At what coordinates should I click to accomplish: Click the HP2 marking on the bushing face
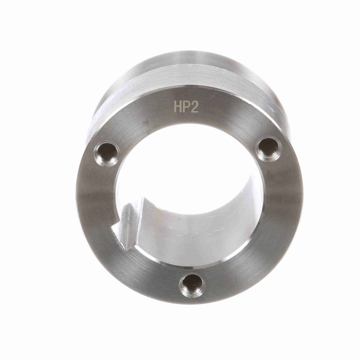pos(186,107)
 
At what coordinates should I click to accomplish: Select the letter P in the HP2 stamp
pos(186,107)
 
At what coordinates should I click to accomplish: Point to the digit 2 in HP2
pos(194,107)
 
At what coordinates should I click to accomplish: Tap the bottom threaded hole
pos(192,285)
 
